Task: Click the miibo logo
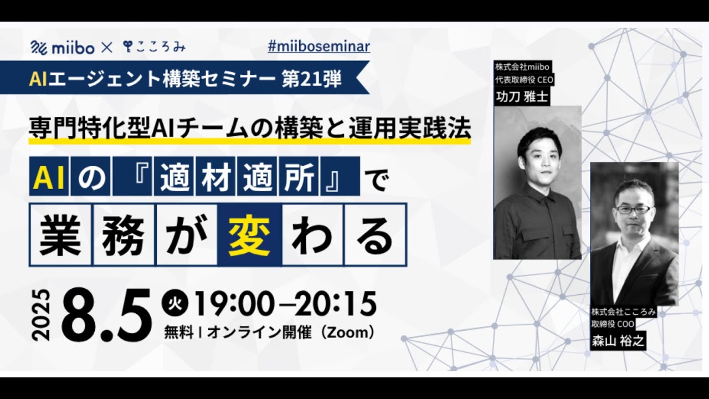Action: pos(63,48)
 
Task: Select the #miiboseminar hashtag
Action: pos(318,46)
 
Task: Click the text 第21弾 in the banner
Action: pos(311,78)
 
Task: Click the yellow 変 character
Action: pos(250,234)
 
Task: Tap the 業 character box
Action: pos(60,234)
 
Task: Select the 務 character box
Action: pos(124,234)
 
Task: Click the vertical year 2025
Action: pos(42,315)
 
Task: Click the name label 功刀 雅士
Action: pos(522,96)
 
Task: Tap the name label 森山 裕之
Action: pos(618,341)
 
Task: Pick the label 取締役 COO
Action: pos(613,324)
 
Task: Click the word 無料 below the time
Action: pos(178,333)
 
